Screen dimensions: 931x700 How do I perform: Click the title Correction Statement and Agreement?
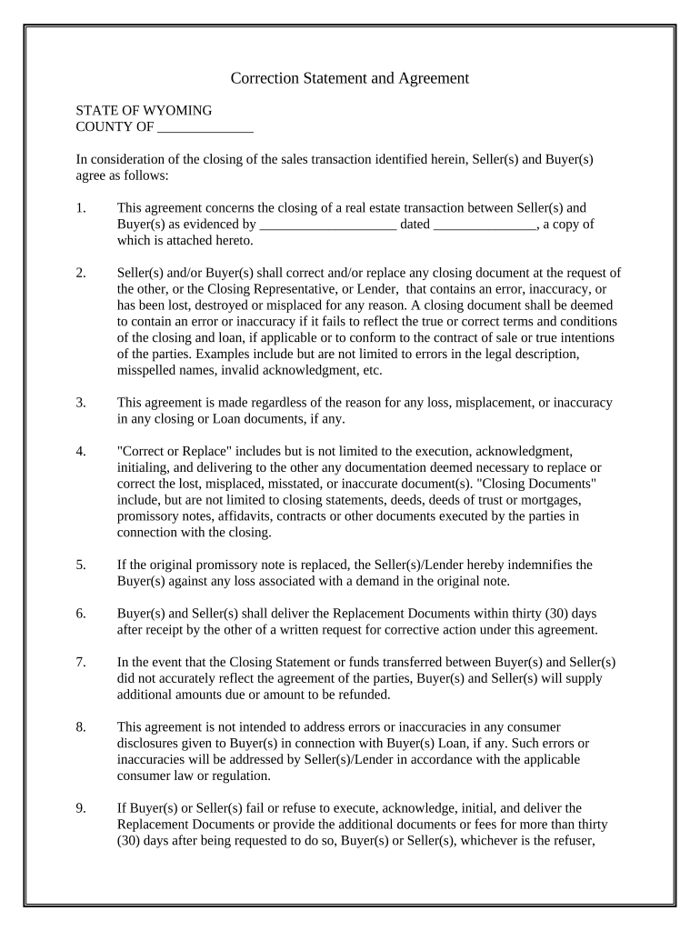point(349,78)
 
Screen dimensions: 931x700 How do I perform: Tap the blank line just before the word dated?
point(327,225)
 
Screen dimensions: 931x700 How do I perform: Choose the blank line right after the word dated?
point(485,225)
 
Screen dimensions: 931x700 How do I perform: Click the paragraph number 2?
point(81,273)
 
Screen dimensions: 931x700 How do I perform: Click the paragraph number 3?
point(81,403)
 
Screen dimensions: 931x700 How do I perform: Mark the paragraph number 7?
point(81,663)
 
